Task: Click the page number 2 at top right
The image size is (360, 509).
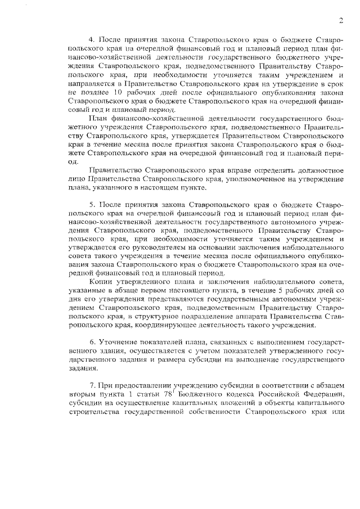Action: coord(341,21)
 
